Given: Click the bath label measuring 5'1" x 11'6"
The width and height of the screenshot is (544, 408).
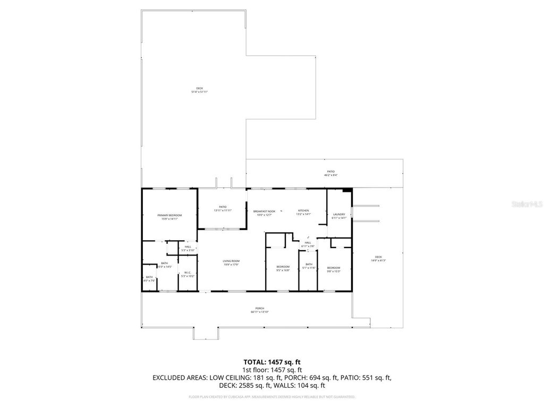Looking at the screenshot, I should (x=309, y=266).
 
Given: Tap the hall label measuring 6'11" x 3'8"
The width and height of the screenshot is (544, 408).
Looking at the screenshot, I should (x=308, y=244).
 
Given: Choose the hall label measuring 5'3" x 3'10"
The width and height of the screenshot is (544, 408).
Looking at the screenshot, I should (x=188, y=248).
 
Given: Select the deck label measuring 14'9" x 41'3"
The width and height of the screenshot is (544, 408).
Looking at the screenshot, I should (x=378, y=258).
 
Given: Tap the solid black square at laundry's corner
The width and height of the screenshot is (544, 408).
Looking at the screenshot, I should (x=347, y=190).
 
